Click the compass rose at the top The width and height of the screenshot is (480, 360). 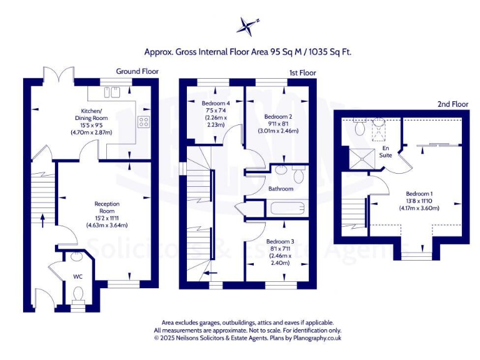(x=247, y=26)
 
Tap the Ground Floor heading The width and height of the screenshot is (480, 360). (x=137, y=71)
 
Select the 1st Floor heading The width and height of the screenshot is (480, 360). (x=302, y=73)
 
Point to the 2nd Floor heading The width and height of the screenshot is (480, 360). (x=453, y=104)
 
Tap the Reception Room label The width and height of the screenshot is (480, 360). (x=107, y=204)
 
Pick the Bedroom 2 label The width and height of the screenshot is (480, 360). (x=278, y=117)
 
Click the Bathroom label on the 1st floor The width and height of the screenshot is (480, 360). (x=281, y=188)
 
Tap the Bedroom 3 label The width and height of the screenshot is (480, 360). (x=279, y=241)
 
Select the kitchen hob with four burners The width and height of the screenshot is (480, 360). (x=144, y=122)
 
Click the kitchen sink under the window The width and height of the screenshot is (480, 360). (x=113, y=93)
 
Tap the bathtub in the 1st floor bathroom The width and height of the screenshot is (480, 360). (x=288, y=207)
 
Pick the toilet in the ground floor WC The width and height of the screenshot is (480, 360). (x=78, y=292)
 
